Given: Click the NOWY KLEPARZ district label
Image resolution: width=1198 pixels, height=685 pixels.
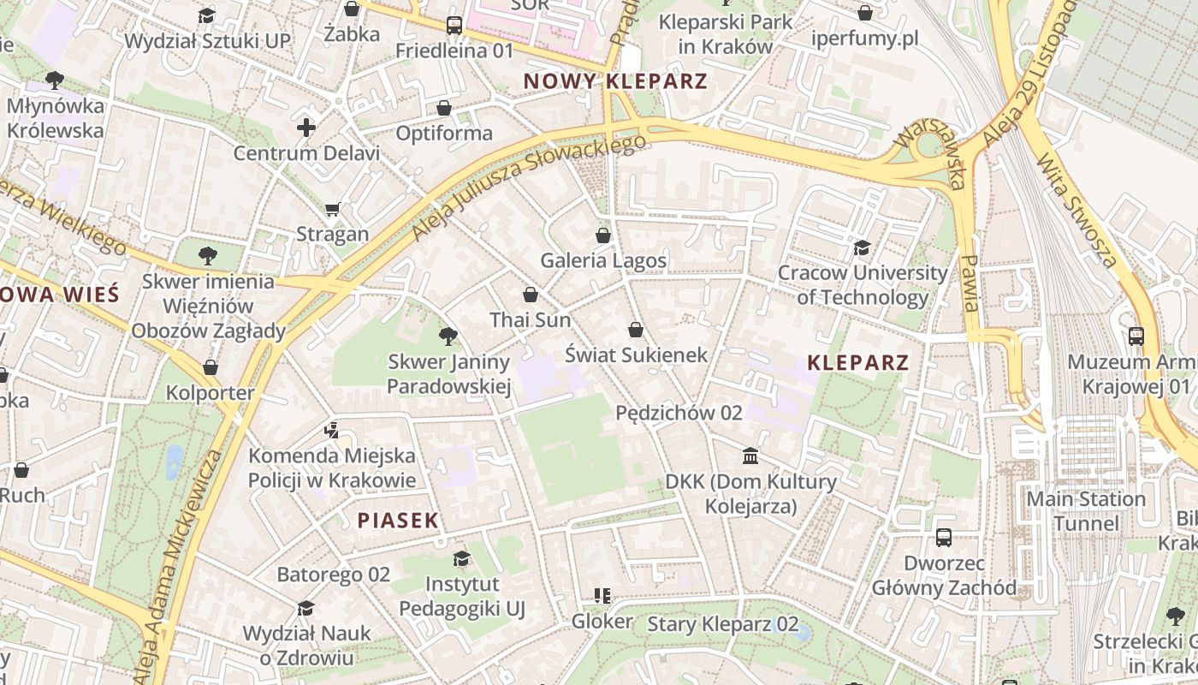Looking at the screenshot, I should pos(615,81).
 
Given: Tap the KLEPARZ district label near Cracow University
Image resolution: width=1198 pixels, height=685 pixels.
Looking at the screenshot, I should pos(857,362).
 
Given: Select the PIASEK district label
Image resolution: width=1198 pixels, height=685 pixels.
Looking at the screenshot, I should pos(398,520).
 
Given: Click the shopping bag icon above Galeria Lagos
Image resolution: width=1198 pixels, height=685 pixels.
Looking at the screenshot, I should pos(603,235).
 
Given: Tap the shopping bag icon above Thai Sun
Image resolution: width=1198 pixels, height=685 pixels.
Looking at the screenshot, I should pos(531,295).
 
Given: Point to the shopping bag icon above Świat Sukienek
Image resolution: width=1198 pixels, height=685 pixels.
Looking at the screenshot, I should pos(636,329).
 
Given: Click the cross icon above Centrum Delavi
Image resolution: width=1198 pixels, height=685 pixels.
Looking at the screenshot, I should pos(306,128).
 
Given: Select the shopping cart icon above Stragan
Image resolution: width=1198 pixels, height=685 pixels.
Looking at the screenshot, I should pos(333,209).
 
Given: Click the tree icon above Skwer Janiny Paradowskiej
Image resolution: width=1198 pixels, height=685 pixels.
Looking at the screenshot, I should pos(448,337).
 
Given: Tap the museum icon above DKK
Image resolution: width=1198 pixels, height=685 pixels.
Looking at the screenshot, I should pos(750,456).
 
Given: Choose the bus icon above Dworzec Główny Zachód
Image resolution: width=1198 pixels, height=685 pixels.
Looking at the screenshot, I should pos(944,538).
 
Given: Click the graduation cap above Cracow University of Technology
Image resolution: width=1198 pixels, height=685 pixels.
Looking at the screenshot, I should pos(862,247).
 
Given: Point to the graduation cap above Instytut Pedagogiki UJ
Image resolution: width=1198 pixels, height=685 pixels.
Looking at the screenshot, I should pos(462,559).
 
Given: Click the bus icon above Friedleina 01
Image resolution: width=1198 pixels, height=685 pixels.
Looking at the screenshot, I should pos(454,26).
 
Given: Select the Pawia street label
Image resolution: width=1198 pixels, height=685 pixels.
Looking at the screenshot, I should pos(970,283).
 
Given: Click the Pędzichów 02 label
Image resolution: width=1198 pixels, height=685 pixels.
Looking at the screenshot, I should pos(679,413).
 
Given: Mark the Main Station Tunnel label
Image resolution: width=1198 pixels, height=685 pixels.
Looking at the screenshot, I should pos(1085,511).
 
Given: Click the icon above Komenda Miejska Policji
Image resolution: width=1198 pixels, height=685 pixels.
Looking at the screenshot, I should pos(332,430).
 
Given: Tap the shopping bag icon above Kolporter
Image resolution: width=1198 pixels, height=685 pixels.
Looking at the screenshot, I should pos(211,367).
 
